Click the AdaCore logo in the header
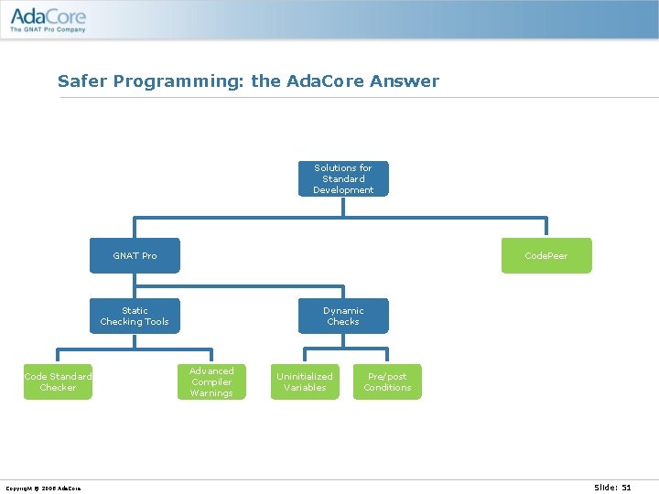tap(48, 16)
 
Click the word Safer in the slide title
tap(78, 81)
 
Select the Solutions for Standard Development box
tap(343, 178)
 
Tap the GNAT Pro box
tap(135, 255)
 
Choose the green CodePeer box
tap(546, 255)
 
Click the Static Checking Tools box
tap(135, 316)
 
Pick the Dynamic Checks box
tap(343, 316)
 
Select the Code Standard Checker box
tap(58, 381)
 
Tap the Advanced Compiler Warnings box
tap(211, 381)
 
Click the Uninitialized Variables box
tap(305, 381)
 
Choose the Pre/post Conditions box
tap(387, 381)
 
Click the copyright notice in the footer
tap(43, 488)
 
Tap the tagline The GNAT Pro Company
tap(48, 29)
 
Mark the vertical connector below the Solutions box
tap(343, 207)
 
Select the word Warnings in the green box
tap(211, 393)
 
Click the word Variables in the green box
tap(305, 388)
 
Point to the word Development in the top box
tap(343, 190)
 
